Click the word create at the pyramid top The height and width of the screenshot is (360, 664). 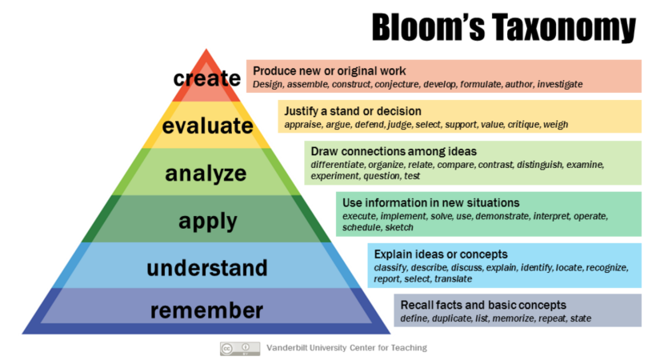pos(207,78)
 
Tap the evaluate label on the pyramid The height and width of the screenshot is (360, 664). pos(207,126)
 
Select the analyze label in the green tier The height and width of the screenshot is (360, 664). pos(206,173)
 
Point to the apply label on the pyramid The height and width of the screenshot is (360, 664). pos(206,220)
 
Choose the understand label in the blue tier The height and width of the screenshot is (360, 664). pos(206,266)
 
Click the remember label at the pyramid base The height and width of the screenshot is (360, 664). pos(206,310)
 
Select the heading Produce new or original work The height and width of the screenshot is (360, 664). pos(330,70)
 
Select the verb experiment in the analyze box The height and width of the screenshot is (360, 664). pos(335,176)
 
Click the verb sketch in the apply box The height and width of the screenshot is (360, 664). pos(399,227)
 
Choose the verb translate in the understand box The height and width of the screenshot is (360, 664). pos(453,278)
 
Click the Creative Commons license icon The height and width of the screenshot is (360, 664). pos(240,348)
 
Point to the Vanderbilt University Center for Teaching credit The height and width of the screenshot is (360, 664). pos(346,348)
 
